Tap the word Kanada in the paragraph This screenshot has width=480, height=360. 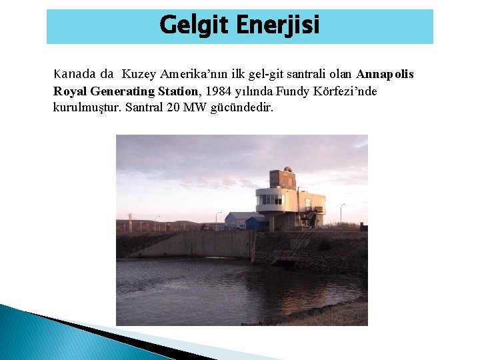[x=75, y=73]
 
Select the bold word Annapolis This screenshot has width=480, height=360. [x=385, y=73]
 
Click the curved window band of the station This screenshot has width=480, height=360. [x=270, y=199]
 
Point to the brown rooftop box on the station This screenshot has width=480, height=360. [x=282, y=179]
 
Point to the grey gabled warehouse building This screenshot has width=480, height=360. [x=239, y=219]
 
